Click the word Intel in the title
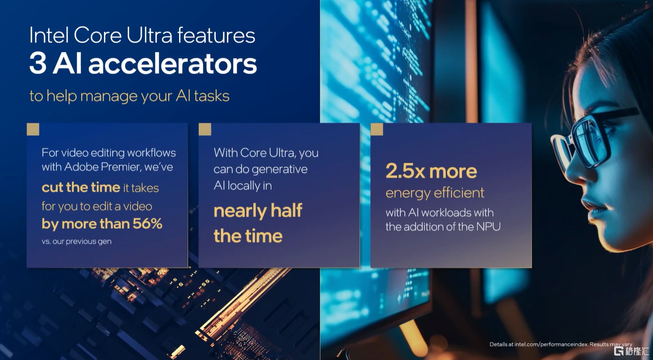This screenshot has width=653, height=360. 49,35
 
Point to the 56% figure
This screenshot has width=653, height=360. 147,223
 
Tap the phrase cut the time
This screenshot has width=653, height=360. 81,187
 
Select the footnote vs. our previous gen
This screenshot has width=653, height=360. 77,241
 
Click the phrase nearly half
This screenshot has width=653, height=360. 258,210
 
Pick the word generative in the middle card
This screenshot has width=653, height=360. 279,169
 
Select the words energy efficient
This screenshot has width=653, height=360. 435,193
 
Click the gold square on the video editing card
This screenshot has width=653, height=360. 33,129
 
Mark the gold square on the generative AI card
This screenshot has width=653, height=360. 205,129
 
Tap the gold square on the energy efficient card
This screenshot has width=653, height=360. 377,129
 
